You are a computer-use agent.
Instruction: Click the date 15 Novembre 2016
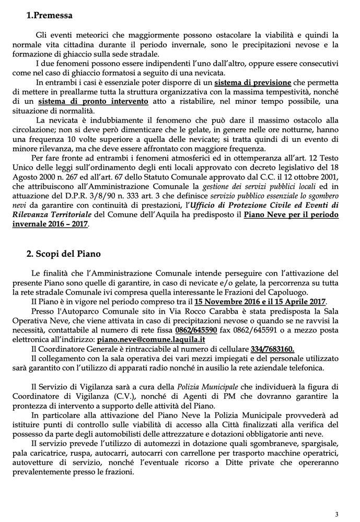228,302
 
